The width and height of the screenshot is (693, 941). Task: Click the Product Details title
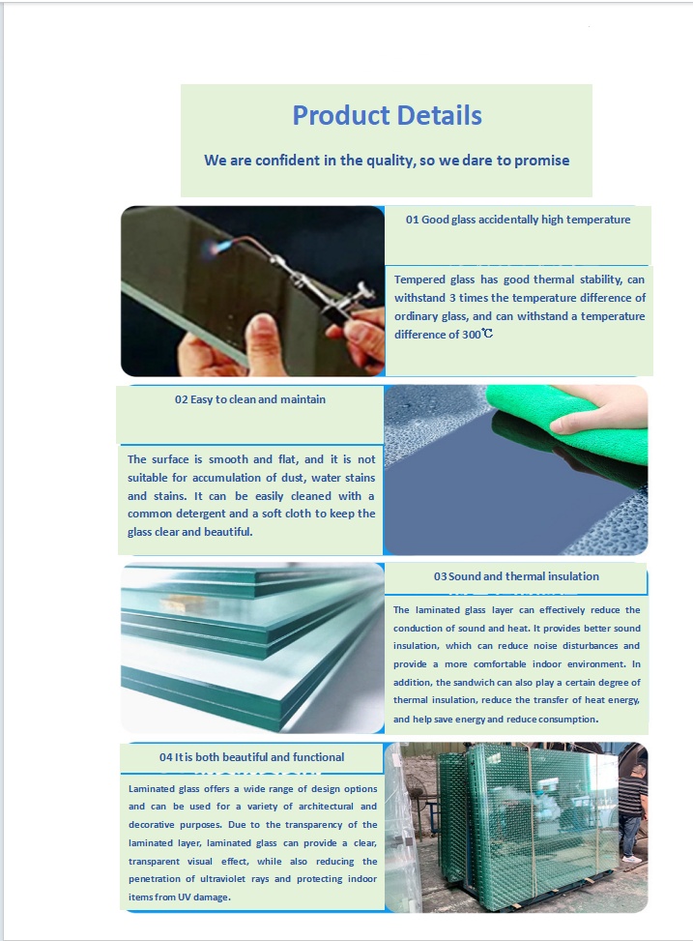click(x=387, y=115)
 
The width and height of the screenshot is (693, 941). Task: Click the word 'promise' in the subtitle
click(x=542, y=161)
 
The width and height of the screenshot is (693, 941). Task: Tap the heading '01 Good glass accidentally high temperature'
click(x=518, y=220)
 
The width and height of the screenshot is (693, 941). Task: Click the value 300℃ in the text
click(x=477, y=335)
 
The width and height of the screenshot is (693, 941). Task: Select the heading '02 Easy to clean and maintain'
click(x=250, y=399)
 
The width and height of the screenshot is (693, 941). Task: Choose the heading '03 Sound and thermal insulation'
click(x=516, y=576)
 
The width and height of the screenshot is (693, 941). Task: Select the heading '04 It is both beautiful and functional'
click(x=251, y=757)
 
